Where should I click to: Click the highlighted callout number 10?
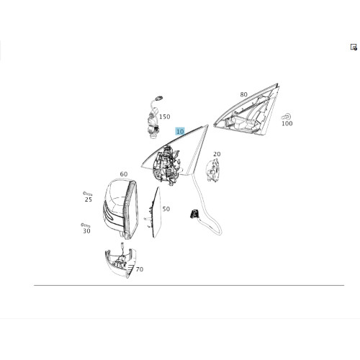pos(180,132)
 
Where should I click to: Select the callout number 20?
pos(217,154)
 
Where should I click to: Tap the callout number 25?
pos(89,199)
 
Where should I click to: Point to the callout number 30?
pos(86,231)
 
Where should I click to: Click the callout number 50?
pos(166,209)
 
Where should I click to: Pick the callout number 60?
pos(124,174)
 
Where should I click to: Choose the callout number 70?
pos(140,269)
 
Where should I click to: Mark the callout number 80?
pos(243,94)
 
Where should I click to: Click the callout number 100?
pos(287,124)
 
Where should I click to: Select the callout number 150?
pos(165,117)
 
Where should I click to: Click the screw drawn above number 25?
pos(88,194)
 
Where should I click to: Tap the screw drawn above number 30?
pos(86,225)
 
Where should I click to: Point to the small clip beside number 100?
pos(286,117)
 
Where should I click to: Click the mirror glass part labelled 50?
pos(156,212)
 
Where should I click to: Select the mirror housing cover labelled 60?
pos(121,209)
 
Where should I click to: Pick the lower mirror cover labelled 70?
pos(120,262)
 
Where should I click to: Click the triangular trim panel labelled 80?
pos(247,110)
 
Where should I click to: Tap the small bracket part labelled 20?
pos(212,171)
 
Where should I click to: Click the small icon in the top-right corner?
pos(354,47)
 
